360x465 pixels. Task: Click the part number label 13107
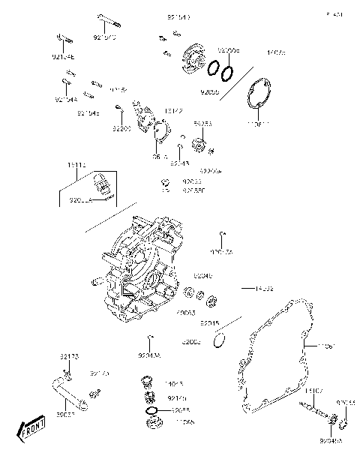(313, 391)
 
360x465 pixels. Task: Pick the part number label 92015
(209, 323)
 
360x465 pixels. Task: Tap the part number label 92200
(122, 129)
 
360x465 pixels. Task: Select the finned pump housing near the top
(194, 55)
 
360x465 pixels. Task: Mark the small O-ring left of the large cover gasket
(218, 342)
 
